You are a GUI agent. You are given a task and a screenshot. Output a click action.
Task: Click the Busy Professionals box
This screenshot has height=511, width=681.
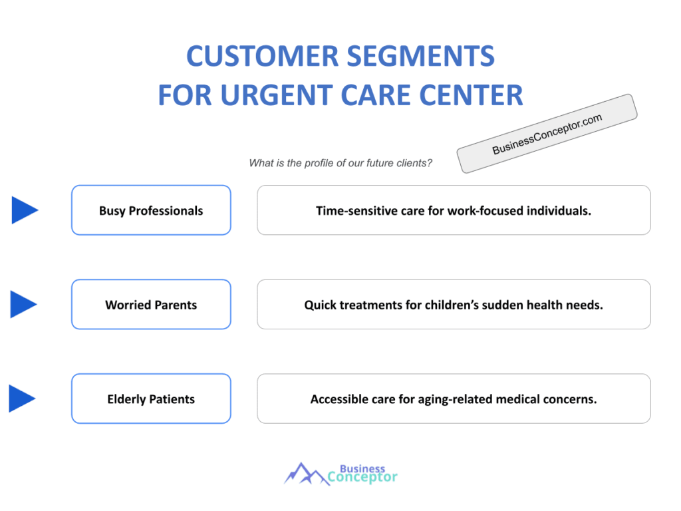(151, 210)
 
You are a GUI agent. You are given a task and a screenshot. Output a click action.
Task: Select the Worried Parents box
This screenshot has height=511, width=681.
(151, 305)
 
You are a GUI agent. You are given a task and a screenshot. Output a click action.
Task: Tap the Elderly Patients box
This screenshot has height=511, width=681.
(151, 399)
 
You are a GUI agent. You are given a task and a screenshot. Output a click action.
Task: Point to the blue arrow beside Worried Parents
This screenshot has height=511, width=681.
(23, 304)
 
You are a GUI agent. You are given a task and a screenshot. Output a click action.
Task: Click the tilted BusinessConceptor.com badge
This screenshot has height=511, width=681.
(547, 134)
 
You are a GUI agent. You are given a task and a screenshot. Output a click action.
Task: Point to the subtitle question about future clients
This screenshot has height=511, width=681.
(340, 163)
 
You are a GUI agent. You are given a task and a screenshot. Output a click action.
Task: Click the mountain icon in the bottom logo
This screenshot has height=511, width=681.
(306, 473)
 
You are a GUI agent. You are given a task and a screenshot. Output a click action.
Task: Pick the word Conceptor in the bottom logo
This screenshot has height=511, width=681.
(362, 477)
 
